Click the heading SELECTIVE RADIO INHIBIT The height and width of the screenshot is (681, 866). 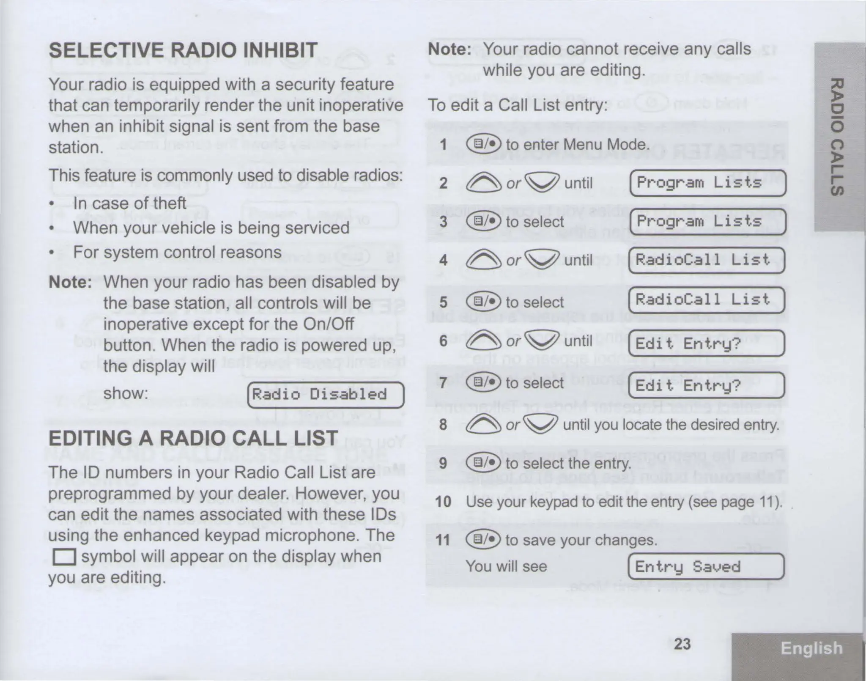tap(183, 50)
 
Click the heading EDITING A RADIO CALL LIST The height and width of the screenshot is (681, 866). tap(193, 438)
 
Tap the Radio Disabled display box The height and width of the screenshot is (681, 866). tap(325, 395)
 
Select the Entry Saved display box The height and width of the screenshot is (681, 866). tap(706, 566)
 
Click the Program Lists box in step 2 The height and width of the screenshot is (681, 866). tap(707, 183)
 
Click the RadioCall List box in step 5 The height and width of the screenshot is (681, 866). tap(706, 300)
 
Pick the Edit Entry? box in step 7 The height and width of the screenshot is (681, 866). tap(706, 385)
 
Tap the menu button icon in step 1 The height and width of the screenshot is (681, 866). tap(483, 144)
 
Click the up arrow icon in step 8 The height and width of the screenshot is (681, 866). tap(482, 424)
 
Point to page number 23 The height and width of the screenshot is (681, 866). tap(682, 644)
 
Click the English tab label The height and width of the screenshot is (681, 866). tap(811, 648)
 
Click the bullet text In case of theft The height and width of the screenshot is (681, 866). tap(129, 203)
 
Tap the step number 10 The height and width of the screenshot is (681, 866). tap(443, 502)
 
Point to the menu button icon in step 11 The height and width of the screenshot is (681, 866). tap(482, 540)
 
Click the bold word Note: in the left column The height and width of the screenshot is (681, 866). tap(70, 282)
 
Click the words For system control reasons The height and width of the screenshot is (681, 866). tap(177, 253)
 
